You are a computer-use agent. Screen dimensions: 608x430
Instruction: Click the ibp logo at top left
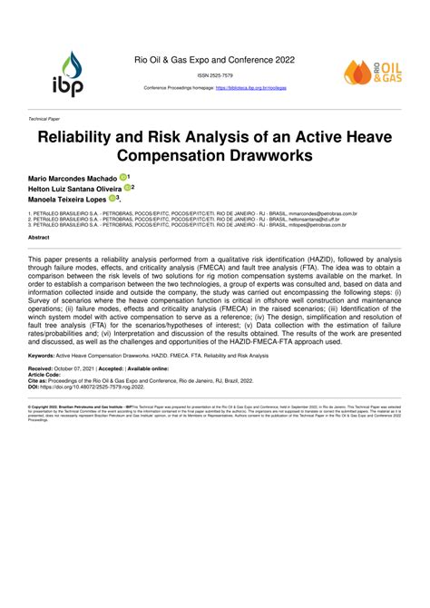71,72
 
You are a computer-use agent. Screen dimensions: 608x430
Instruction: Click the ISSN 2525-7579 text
215,75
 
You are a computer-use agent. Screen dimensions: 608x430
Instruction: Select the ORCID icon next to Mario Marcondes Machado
122,178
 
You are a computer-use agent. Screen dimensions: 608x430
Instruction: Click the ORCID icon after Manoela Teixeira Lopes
113,198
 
